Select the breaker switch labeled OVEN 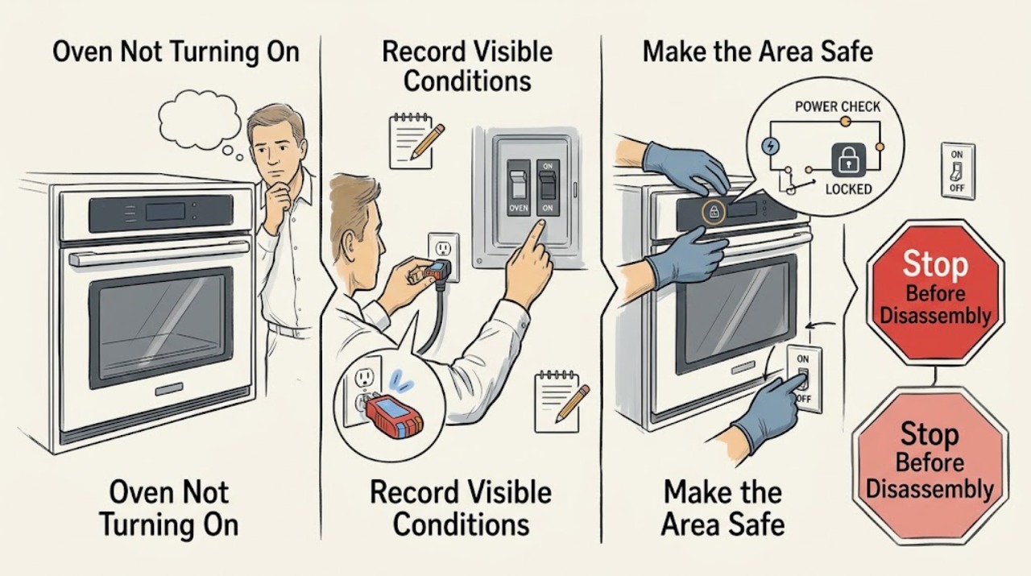pos(518,186)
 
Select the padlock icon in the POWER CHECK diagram pos(846,160)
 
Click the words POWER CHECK pos(837,107)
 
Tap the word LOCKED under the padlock pos(848,189)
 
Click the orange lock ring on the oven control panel pos(713,212)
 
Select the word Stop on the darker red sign pos(935,263)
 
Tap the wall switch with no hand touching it pos(958,172)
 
